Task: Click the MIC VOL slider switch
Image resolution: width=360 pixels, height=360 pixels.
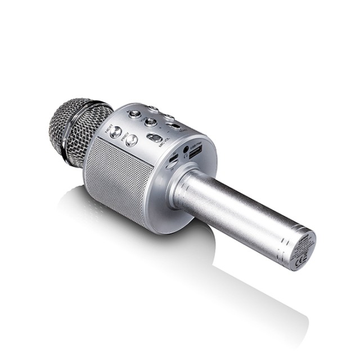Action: (x=154, y=138)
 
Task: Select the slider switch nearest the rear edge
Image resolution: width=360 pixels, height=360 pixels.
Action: (x=175, y=125)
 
